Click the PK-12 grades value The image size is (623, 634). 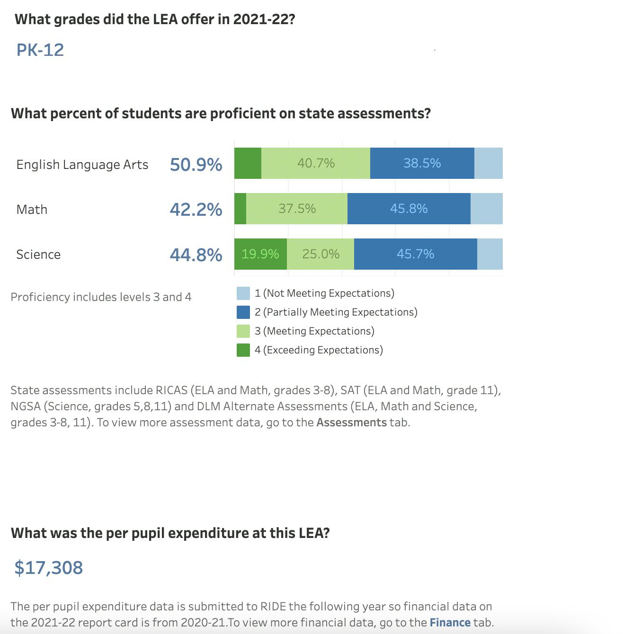[x=40, y=50]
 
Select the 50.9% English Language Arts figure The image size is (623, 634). [x=196, y=165]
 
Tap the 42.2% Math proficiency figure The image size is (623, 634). [x=196, y=209]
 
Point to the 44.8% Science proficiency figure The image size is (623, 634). [x=196, y=255]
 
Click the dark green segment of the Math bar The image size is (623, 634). [x=240, y=209]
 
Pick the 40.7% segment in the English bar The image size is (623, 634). [x=316, y=163]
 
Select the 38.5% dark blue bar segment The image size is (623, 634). [x=422, y=163]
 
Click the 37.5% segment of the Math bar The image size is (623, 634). [x=297, y=209]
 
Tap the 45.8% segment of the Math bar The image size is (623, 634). [x=409, y=209]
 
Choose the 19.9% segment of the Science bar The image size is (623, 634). [x=260, y=254]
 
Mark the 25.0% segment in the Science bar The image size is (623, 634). [x=320, y=254]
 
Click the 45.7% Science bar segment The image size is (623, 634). [x=415, y=254]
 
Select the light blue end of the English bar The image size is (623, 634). [x=488, y=163]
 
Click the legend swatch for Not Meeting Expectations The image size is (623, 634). [x=243, y=293]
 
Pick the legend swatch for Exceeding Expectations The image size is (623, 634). [x=243, y=350]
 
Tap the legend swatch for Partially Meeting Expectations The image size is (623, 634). [x=243, y=312]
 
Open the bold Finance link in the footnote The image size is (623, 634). [x=450, y=622]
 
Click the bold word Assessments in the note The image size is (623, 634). [x=351, y=422]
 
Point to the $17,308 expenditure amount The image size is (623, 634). [x=49, y=567]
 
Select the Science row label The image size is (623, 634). [x=38, y=255]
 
